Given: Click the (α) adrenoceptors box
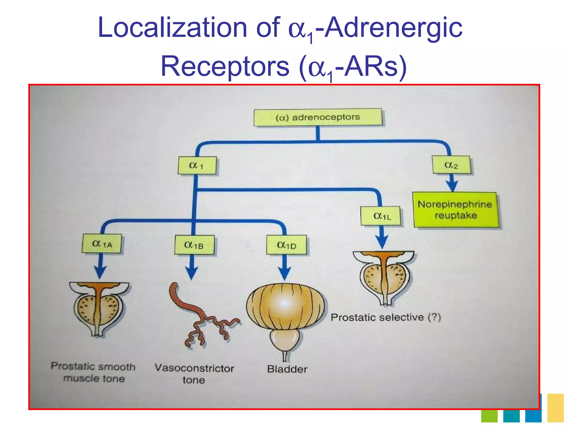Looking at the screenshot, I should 318,117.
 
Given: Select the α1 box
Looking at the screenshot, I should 197,166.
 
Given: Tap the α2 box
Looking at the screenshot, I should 451,165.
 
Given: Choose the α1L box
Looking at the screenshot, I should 381,216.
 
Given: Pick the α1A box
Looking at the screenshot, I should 102,244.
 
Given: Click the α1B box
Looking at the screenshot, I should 194,245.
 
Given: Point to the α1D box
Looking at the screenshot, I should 286,245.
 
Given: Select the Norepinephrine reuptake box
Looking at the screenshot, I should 455,210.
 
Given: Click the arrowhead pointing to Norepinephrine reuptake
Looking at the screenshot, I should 452,186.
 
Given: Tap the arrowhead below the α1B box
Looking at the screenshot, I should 192,273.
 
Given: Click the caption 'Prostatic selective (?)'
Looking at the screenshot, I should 386,317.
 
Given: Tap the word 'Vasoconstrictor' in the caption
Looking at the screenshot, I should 194,368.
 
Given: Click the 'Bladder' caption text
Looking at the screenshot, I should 287,369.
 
